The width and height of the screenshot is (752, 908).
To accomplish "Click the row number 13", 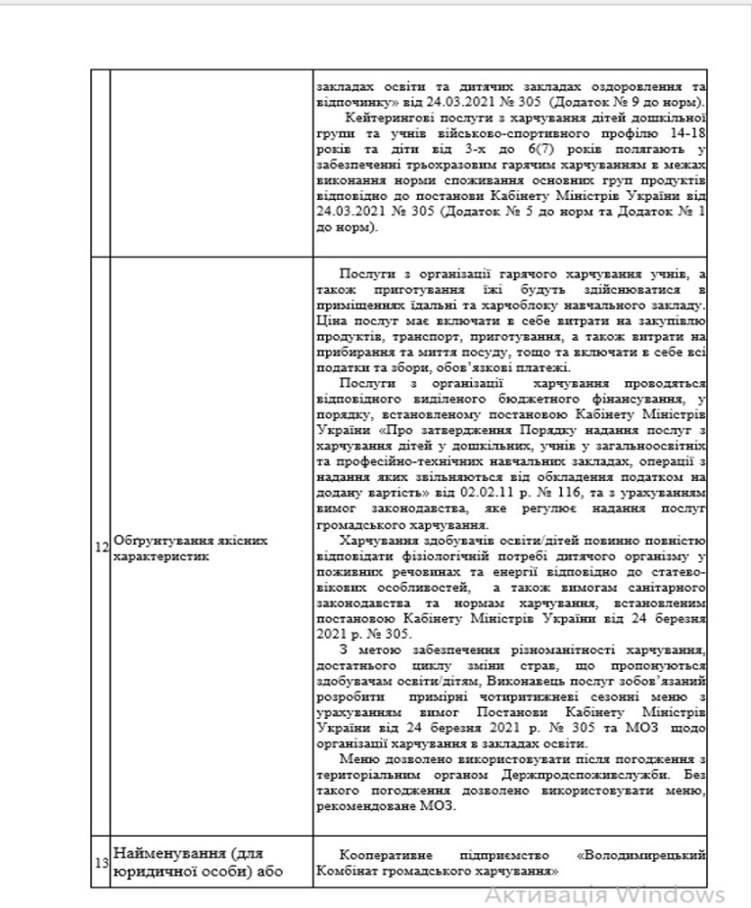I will point(102,862).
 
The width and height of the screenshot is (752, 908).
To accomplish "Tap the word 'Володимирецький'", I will point(642,854).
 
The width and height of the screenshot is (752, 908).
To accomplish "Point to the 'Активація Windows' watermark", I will point(605,894).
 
